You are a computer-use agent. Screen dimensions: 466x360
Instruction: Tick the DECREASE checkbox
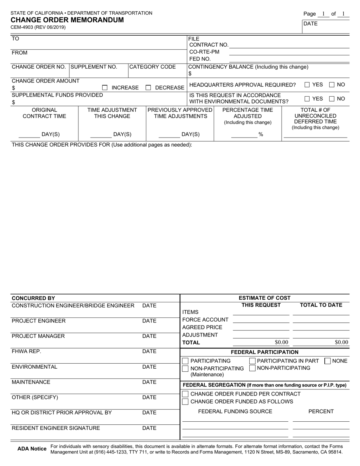pyautogui.click(x=149, y=88)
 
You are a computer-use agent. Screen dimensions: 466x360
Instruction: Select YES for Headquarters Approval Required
pyautogui.click(x=307, y=84)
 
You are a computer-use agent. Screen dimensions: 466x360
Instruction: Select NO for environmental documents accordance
pyautogui.click(x=332, y=99)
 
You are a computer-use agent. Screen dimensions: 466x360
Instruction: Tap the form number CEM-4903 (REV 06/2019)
pyautogui.click(x=38, y=27)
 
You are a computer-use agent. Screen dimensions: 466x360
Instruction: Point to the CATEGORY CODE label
pyautogui.click(x=153, y=67)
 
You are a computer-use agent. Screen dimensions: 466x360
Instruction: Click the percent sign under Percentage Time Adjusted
pyautogui.click(x=261, y=134)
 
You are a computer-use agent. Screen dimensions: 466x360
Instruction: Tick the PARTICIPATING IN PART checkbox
pyautogui.click(x=252, y=361)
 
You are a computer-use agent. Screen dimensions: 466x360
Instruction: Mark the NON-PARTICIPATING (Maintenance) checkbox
pyautogui.click(x=185, y=369)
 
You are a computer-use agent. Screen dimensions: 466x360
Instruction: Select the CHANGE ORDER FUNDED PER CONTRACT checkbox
pyautogui.click(x=185, y=394)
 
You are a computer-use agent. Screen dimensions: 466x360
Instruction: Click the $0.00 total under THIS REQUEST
pyautogui.click(x=281, y=342)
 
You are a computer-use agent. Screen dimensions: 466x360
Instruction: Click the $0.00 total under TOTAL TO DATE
pyautogui.click(x=341, y=342)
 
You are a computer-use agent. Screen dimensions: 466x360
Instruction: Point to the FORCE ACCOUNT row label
pyautogui.click(x=205, y=319)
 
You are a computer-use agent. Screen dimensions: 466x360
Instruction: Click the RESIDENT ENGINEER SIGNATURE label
pyautogui.click(x=56, y=428)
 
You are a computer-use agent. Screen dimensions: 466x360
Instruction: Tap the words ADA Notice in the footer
pyautogui.click(x=32, y=449)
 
